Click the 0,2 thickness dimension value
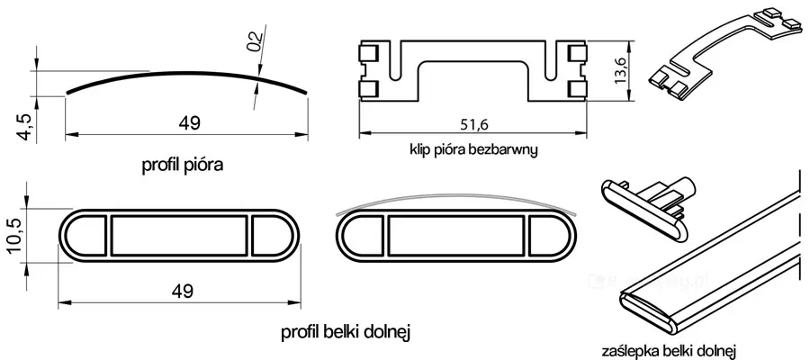click(255, 42)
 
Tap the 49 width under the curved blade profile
click(190, 123)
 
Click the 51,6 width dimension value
click(472, 124)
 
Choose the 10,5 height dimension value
click(15, 236)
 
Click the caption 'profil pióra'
click(183, 166)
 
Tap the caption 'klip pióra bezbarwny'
click(474, 150)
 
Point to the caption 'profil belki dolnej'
click(345, 333)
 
